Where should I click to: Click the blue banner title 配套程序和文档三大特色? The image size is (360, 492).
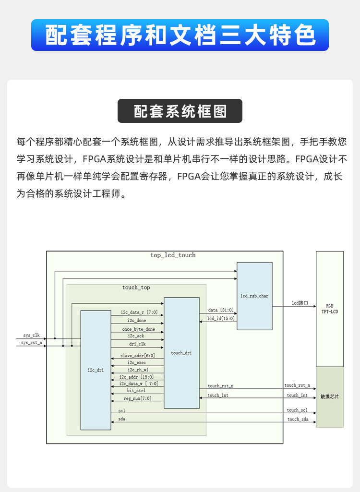point(180,35)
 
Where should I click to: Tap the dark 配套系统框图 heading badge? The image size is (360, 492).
point(180,111)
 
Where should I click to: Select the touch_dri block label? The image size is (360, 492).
point(181,353)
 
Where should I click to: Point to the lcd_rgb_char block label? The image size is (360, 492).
point(254,296)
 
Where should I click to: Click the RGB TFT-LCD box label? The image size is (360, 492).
point(329,309)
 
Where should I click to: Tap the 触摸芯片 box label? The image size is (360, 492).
point(329,397)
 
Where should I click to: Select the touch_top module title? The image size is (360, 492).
point(136,288)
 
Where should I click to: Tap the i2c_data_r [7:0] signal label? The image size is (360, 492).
point(136,312)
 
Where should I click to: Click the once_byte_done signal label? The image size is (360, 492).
point(138,329)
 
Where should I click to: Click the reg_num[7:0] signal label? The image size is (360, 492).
point(138,398)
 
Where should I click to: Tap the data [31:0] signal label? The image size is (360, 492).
point(221,310)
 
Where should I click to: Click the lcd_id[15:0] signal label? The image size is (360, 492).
point(221,318)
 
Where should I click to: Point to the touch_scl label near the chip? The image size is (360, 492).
point(298,410)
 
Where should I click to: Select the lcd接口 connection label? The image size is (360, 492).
point(300,303)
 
